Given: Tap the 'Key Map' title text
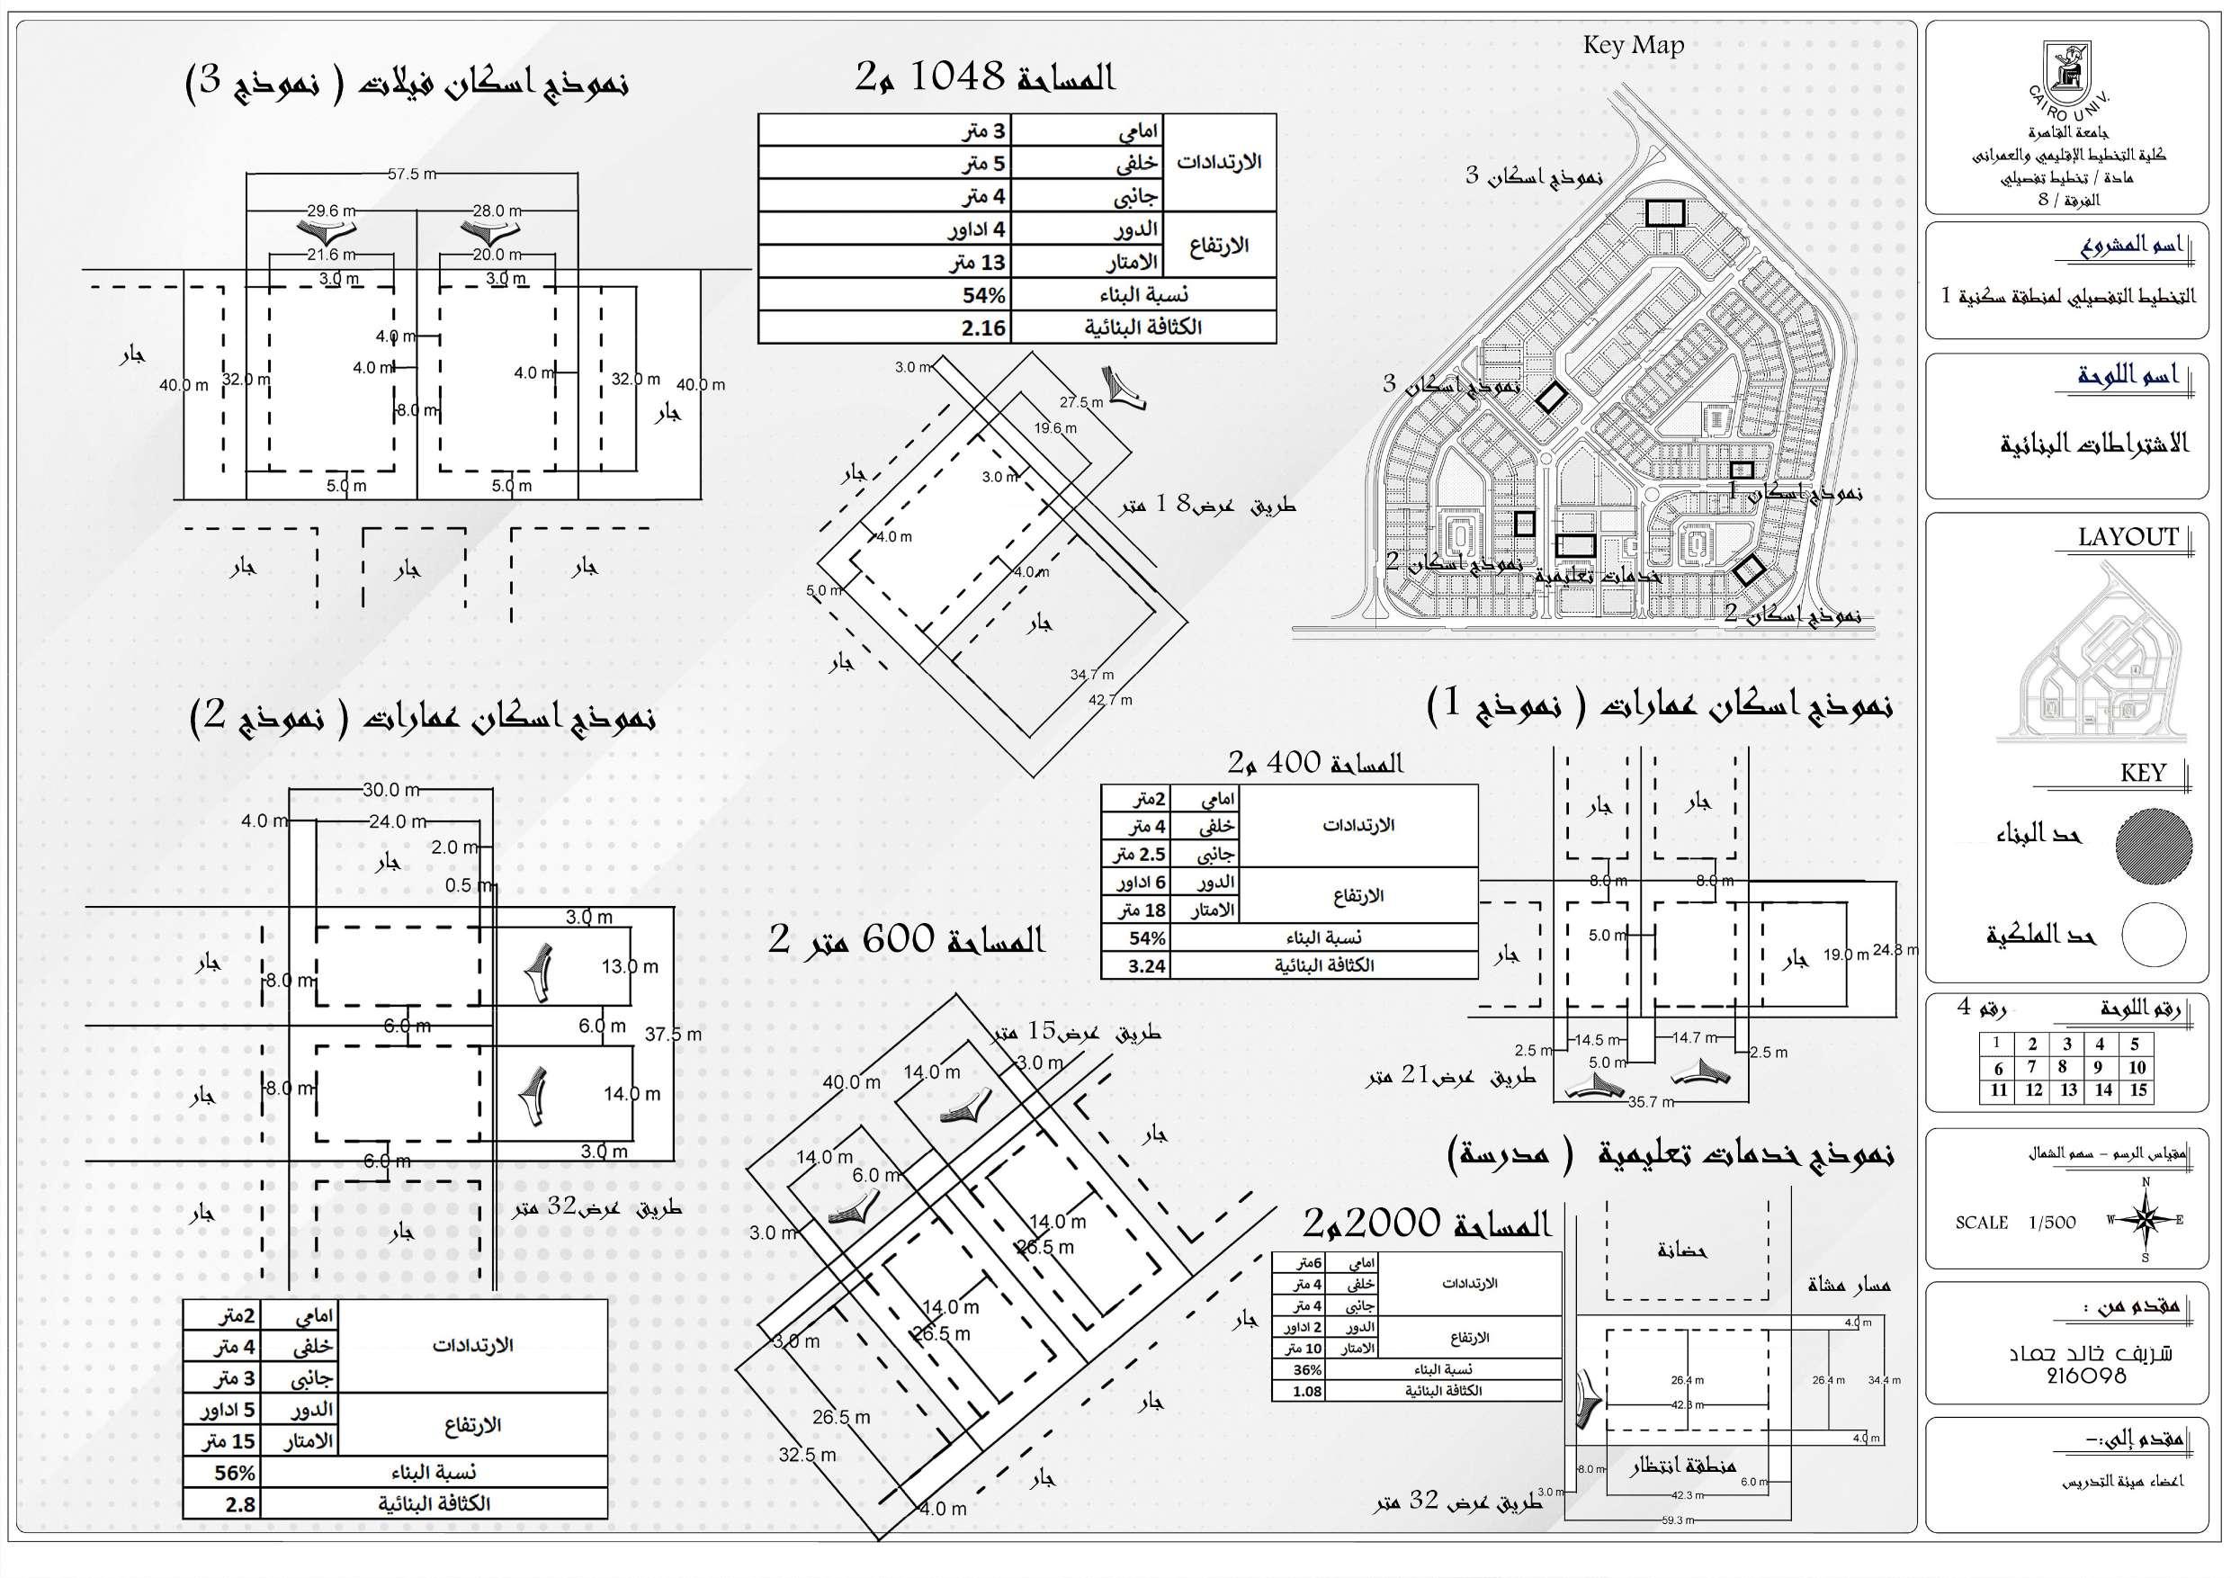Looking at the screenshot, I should coord(1633,45).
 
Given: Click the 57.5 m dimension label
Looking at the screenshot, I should coord(412,174).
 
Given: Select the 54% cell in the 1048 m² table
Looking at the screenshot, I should coord(983,295).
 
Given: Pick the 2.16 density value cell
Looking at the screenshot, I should coord(983,328).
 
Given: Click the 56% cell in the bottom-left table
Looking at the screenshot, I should coord(234,1473).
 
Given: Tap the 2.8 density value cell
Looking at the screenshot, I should coord(240,1504).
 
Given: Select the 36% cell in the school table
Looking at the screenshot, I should coord(1307,1370).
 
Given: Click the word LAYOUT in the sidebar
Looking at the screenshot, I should coord(2127,537).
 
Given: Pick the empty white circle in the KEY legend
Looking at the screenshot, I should coord(2154,935).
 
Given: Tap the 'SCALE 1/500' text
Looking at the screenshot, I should coord(2015,1223).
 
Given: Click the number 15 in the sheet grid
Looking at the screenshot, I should coord(2137,1090).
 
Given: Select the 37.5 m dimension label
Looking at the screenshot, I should coord(672,1035).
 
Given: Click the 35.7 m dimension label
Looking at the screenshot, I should coord(1651,1102).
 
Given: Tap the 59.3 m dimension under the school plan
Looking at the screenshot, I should coord(1677,1520).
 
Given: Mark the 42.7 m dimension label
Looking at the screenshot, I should coord(1110,700).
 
